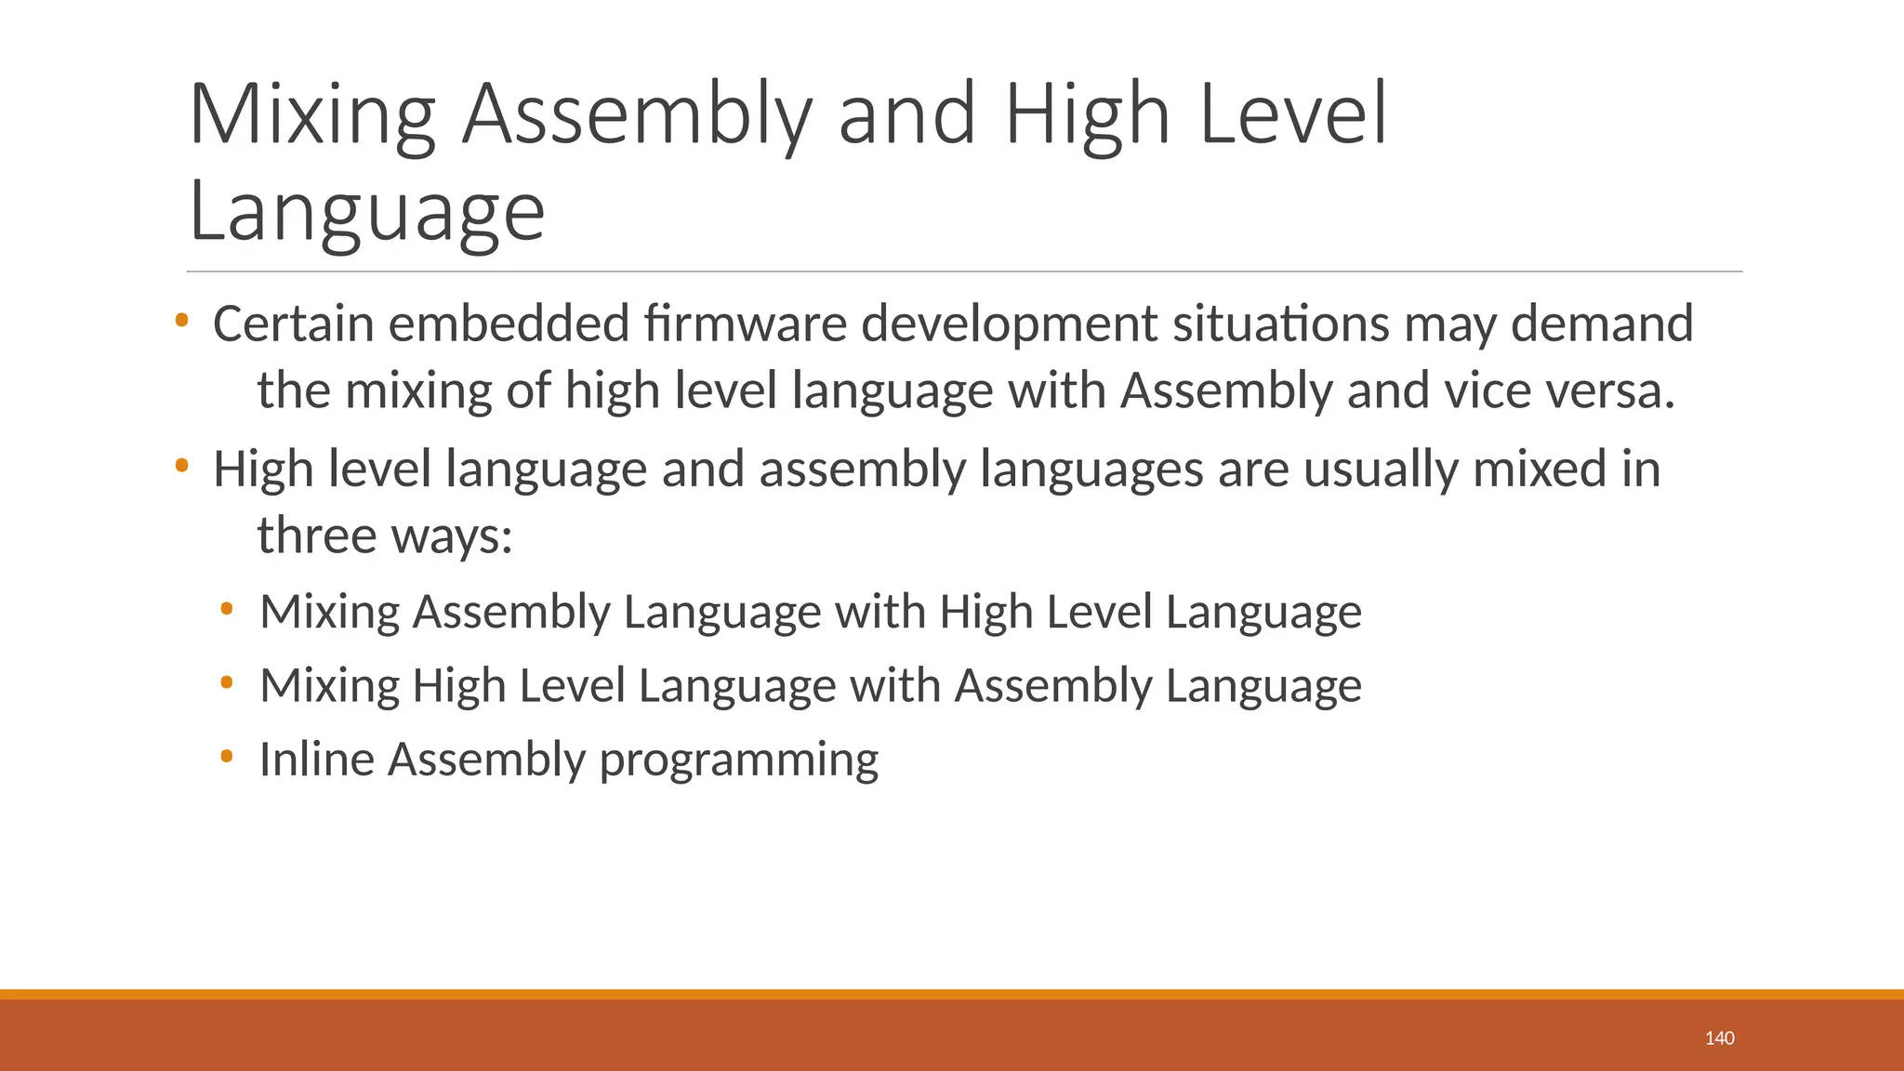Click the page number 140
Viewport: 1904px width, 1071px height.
tap(1719, 1038)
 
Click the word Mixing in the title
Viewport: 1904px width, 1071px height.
tap(312, 115)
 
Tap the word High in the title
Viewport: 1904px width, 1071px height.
tap(1086, 115)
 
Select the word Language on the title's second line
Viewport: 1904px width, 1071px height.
tap(366, 213)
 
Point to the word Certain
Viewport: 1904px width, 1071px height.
tap(293, 324)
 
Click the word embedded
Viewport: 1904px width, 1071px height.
tap(509, 324)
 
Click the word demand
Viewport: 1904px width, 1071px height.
tap(1601, 324)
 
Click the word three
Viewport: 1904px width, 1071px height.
tap(316, 535)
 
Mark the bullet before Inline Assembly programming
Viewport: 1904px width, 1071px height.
tap(227, 757)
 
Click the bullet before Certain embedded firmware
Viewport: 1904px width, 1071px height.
tap(181, 322)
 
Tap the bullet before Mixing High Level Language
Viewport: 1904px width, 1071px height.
tap(227, 683)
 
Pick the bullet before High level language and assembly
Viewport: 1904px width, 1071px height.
tap(181, 466)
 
